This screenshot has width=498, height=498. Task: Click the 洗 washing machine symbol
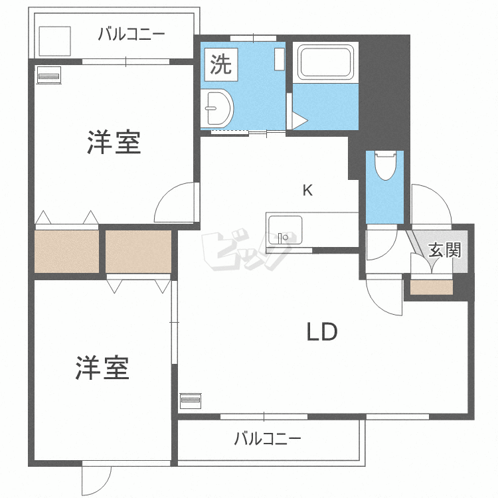pos(220,64)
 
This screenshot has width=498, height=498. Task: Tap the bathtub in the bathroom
pos(325,62)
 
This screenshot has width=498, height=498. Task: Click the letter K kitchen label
pos(307,190)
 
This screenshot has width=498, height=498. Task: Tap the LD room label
pos(322,331)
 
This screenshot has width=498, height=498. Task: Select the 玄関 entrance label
pos(444,250)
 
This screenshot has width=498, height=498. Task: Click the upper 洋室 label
pos(114,143)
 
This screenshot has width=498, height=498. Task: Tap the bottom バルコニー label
pos(268,439)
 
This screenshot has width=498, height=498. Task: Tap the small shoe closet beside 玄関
pos(431,288)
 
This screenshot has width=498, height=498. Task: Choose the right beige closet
pos(138,250)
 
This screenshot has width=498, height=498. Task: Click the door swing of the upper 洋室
pos(177,204)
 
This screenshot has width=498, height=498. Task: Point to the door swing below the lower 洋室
pos(97,479)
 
